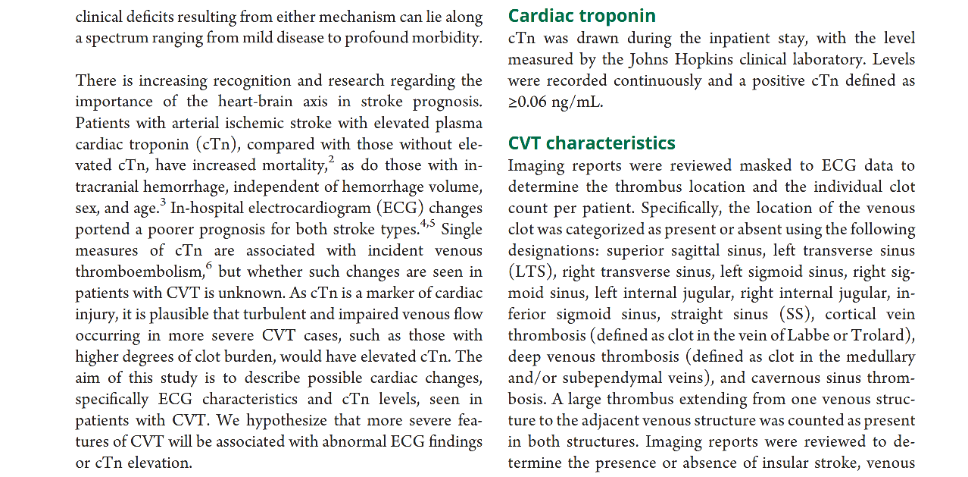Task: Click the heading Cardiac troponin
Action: coord(582,16)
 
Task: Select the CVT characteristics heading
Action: coord(592,143)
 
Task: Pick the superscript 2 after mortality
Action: coord(331,159)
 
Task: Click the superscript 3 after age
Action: coord(162,202)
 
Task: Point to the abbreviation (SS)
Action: coord(795,314)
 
